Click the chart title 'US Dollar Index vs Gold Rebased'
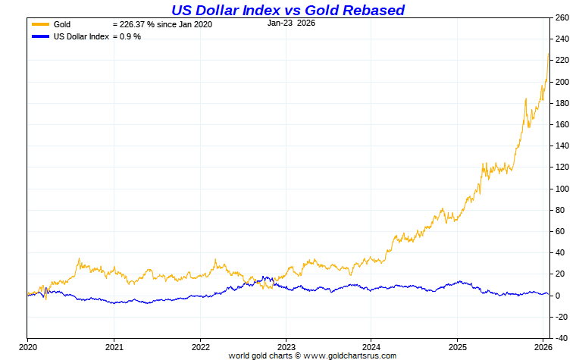point(287,10)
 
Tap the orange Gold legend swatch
point(39,24)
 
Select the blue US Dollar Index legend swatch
point(39,36)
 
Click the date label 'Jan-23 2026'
point(291,23)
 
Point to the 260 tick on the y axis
point(562,17)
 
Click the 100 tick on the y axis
point(562,189)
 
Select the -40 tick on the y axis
point(562,338)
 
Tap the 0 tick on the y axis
point(558,296)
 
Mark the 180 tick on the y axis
point(562,103)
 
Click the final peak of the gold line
point(549,54)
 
